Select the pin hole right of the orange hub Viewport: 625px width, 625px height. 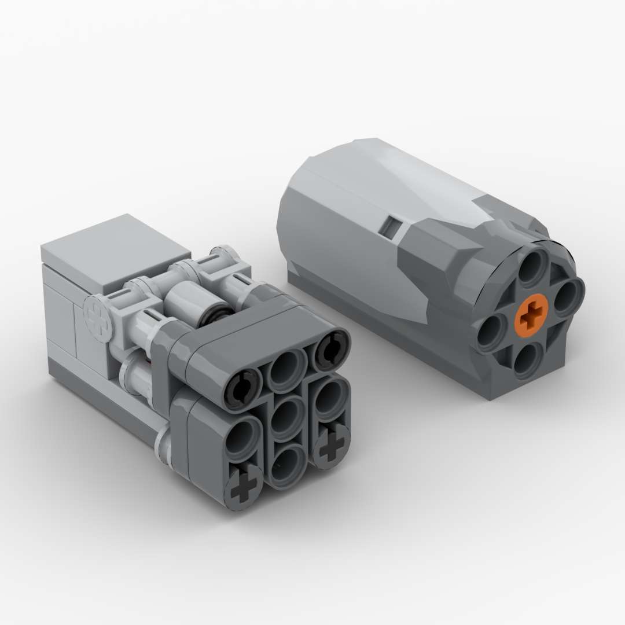565,296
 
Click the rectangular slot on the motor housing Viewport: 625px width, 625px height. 392,227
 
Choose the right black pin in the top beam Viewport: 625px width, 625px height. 329,349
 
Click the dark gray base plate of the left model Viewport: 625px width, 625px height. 104,399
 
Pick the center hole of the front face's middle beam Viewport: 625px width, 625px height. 286,418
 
